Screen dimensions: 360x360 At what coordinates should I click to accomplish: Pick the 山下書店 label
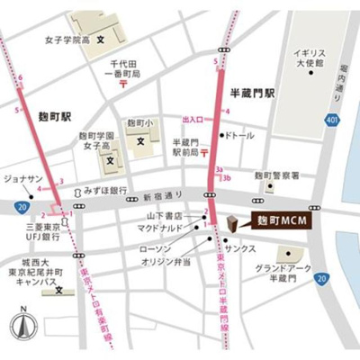(x=165, y=217)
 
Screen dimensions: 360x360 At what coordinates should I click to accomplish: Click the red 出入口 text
(x=193, y=119)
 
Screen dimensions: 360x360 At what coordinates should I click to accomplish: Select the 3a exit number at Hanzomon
(x=218, y=168)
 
